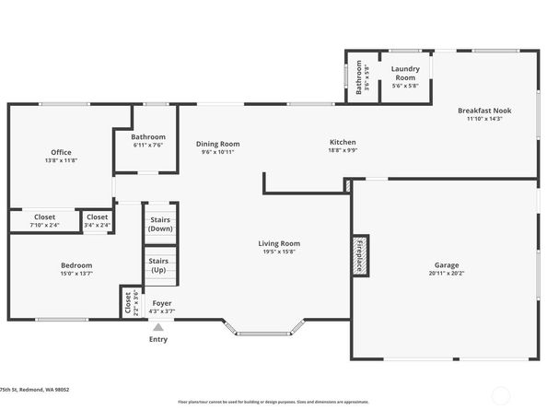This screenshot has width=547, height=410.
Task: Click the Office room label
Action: tap(61, 153)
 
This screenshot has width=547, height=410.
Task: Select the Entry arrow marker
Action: tap(158, 327)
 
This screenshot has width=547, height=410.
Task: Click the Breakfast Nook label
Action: tap(484, 111)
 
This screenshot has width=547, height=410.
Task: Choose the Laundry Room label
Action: tap(405, 74)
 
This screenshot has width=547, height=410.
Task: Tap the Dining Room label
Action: tap(217, 144)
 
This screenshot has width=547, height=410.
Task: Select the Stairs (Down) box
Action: tap(160, 224)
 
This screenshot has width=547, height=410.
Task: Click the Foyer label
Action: tap(162, 303)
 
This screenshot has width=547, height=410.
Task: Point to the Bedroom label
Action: tap(76, 265)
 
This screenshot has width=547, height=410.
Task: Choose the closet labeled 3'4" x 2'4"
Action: tap(98, 221)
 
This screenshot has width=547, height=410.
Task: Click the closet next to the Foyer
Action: tap(126, 302)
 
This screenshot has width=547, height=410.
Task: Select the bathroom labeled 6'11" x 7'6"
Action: tap(147, 140)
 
